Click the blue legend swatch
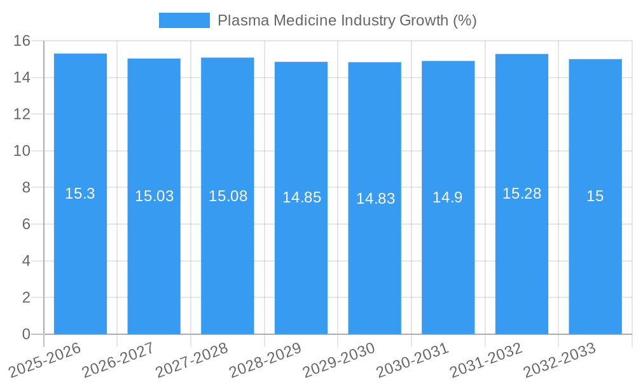tap(184, 20)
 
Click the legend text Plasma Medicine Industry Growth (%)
tap(347, 20)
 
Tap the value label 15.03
tap(154, 196)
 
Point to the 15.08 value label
tap(228, 196)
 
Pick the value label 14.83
tap(375, 199)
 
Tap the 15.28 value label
tap(522, 194)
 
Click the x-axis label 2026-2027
tap(119, 360)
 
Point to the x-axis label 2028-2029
tap(266, 360)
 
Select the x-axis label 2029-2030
tap(340, 360)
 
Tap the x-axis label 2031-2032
tap(487, 360)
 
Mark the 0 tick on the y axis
tap(26, 334)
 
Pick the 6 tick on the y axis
tap(26, 224)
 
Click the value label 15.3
tap(80, 194)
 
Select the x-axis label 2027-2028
tap(192, 360)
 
